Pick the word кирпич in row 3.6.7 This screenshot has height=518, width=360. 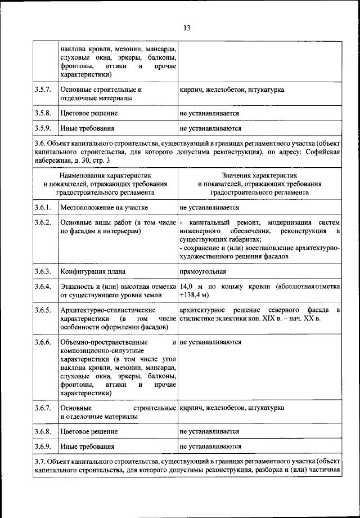pyautogui.click(x=191, y=407)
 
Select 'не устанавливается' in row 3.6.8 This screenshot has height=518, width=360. pyautogui.click(x=210, y=431)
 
